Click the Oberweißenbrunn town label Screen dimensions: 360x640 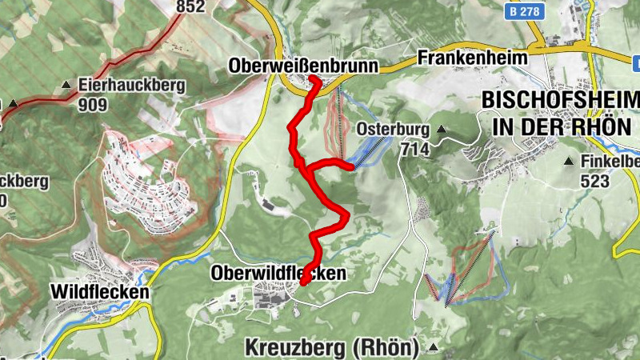click(302, 64)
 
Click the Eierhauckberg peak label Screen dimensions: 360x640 click(131, 84)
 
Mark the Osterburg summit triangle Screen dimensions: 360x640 click(439, 129)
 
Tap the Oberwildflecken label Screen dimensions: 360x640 click(278, 274)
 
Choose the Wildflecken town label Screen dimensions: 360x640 click(99, 293)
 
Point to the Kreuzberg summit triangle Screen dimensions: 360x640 click(433, 347)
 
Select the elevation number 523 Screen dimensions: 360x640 click(595, 182)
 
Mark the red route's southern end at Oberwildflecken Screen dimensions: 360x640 click(303, 282)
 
